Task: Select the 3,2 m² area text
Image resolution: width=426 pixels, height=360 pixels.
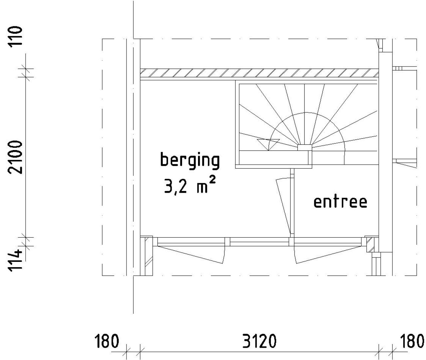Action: [x=190, y=185]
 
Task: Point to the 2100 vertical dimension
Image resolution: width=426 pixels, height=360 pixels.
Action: [x=15, y=157]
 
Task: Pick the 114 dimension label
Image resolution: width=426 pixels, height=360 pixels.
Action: [x=15, y=261]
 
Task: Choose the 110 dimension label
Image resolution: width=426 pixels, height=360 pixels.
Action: [x=15, y=37]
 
